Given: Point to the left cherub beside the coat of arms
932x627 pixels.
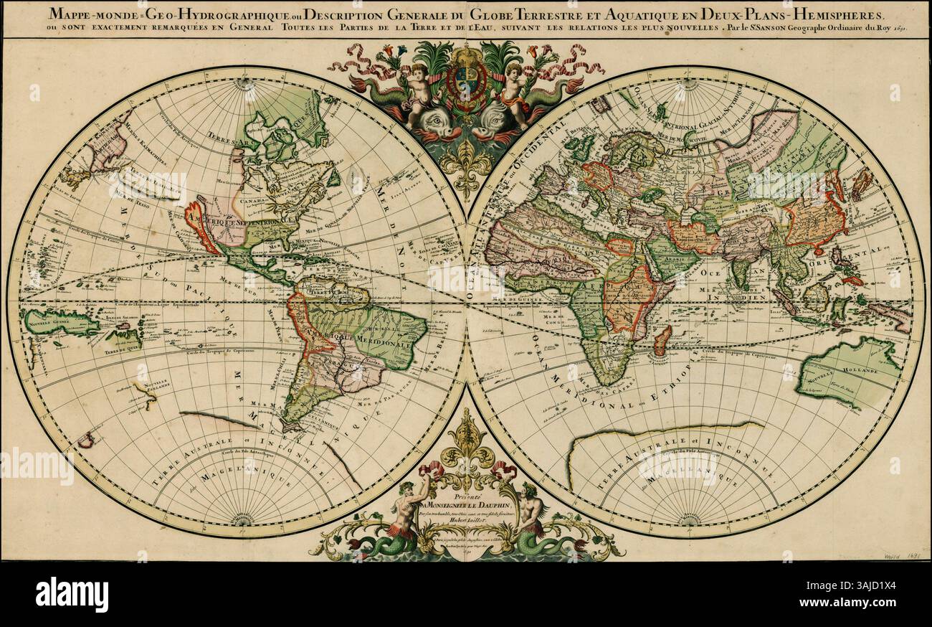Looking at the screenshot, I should click(417, 90).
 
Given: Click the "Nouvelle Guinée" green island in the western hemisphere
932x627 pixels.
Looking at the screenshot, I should click(60, 323).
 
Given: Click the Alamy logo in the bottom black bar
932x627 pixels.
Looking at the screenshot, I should click(72, 594).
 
